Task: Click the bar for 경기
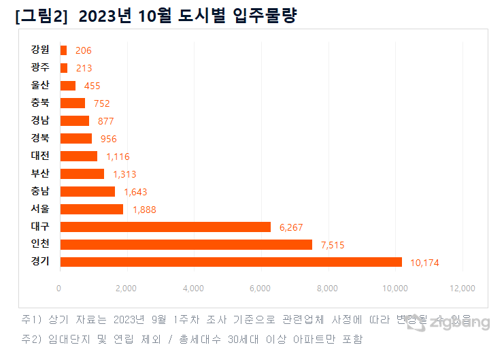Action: click(231, 262)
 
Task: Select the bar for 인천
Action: click(186, 244)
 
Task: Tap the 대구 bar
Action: click(165, 227)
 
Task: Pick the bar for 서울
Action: click(91, 209)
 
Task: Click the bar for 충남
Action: click(87, 191)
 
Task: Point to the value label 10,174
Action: click(425, 263)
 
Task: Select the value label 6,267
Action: click(291, 227)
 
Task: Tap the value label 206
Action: click(83, 50)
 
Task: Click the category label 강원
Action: click(40, 50)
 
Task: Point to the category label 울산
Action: click(40, 85)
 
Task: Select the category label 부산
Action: click(40, 174)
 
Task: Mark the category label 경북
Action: click(40, 138)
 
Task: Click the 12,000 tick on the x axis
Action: click(463, 289)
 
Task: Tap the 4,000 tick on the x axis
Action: click(194, 289)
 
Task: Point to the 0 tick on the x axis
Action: click(59, 289)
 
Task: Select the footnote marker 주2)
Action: click(32, 338)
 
